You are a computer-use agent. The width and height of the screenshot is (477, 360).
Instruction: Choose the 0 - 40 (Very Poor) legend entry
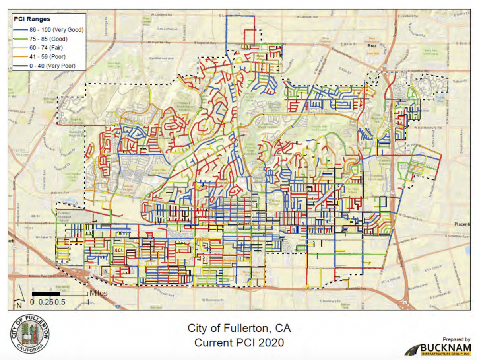click(x=50, y=66)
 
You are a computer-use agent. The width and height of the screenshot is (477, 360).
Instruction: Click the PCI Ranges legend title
click(x=31, y=19)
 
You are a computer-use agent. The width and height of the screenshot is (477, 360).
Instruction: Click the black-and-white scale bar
click(x=60, y=294)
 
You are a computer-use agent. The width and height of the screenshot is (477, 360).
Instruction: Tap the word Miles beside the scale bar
click(x=99, y=294)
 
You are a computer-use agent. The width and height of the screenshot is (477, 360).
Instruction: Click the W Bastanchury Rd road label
click(x=428, y=128)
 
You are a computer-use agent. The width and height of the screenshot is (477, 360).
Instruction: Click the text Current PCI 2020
click(x=239, y=342)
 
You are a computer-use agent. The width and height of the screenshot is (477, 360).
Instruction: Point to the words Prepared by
click(x=456, y=339)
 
